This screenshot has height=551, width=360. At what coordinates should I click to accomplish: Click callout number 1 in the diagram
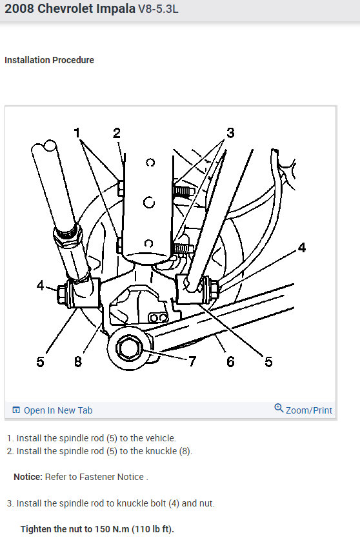[77, 134]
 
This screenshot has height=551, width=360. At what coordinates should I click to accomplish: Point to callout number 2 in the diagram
[117, 134]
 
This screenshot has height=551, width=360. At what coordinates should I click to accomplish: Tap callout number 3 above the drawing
[230, 134]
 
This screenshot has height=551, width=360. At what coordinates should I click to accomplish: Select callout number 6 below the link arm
[230, 361]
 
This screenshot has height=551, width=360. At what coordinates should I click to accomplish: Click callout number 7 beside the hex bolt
[192, 361]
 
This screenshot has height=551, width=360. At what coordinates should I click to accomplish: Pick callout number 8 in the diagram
[77, 361]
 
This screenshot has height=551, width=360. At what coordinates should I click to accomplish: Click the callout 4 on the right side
[301, 248]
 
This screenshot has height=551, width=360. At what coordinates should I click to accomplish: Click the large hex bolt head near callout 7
[125, 349]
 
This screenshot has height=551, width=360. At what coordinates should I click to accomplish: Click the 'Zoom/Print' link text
[309, 410]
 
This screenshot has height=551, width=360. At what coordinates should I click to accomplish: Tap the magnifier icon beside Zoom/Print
[279, 408]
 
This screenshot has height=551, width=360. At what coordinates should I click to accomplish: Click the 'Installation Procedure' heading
[49, 60]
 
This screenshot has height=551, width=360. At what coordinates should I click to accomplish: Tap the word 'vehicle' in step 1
[158, 438]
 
